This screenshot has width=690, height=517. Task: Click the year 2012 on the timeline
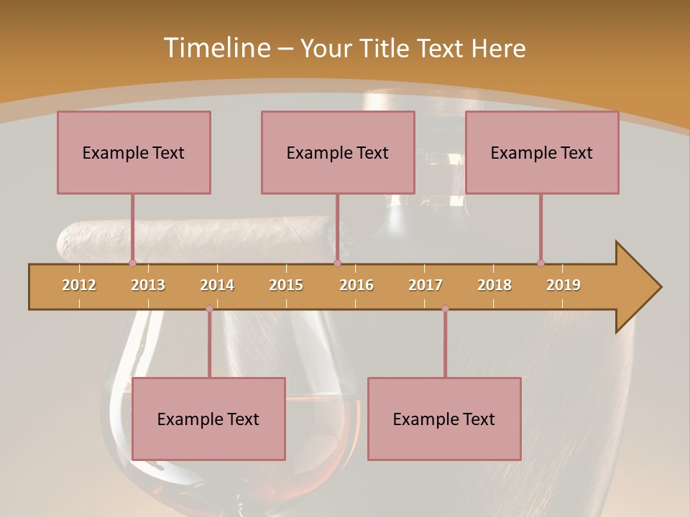click(79, 285)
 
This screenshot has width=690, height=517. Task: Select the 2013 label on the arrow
click(148, 285)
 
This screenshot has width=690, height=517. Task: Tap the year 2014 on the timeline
click(217, 285)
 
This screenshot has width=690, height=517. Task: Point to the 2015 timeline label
click(286, 285)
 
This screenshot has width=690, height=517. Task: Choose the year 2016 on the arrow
click(356, 285)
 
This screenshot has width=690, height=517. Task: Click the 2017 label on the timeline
click(425, 285)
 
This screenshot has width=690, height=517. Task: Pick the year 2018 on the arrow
click(494, 285)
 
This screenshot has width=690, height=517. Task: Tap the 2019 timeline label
click(563, 285)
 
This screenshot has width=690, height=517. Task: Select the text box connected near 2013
click(134, 152)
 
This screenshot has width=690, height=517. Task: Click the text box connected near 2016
click(338, 152)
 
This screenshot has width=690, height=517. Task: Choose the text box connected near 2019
click(542, 152)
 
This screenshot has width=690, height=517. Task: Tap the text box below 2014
click(208, 419)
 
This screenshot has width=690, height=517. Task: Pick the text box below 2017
click(444, 419)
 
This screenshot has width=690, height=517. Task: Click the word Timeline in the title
click(216, 48)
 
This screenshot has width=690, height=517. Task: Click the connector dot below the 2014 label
click(209, 309)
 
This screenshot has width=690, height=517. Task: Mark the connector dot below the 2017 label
click(445, 309)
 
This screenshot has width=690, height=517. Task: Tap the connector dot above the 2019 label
click(540, 263)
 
